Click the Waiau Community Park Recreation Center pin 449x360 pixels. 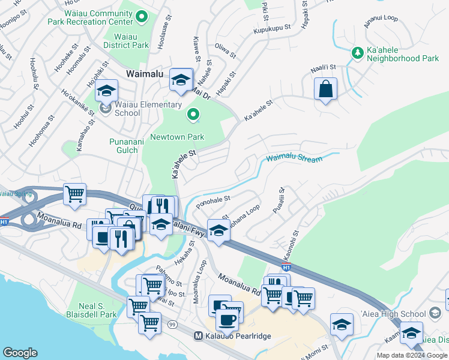142,16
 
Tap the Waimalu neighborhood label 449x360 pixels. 146,73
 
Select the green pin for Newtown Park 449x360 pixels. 193,114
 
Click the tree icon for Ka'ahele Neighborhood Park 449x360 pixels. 358,53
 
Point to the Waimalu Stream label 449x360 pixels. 294,158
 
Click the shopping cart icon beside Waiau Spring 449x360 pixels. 75,194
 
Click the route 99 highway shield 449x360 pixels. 173,325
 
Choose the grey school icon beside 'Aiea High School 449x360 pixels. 436,313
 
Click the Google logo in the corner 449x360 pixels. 20,353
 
